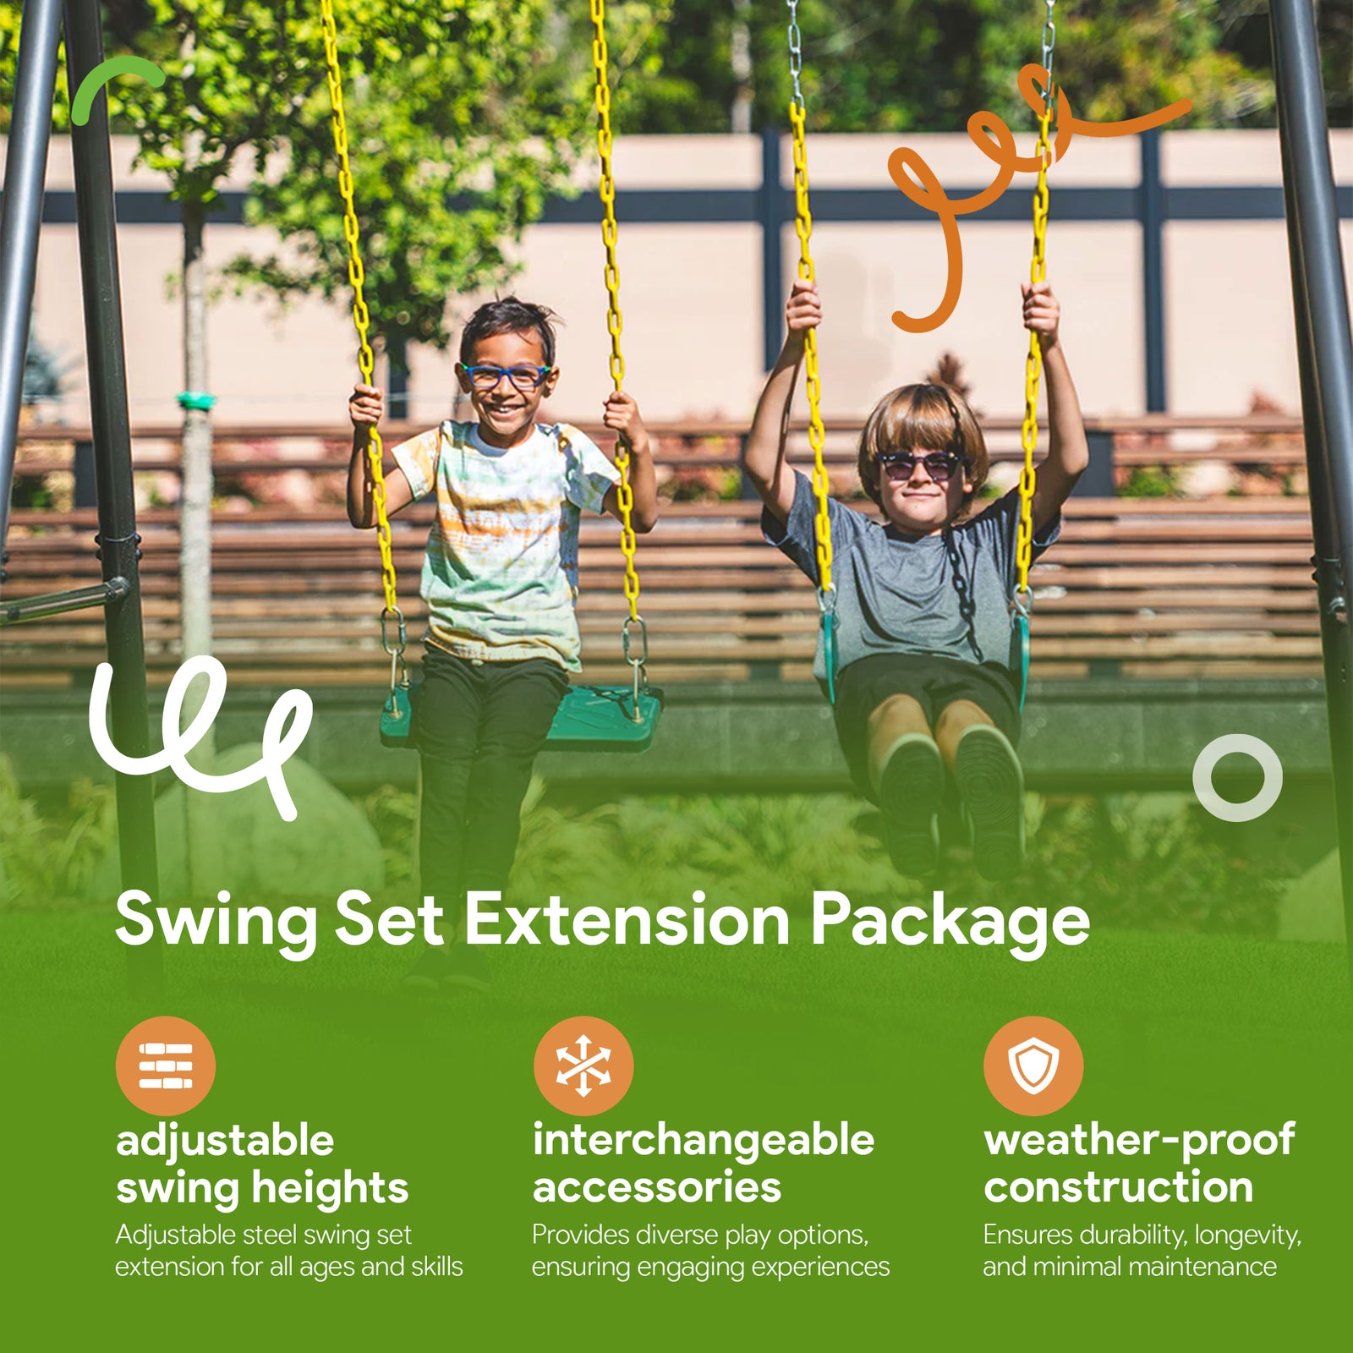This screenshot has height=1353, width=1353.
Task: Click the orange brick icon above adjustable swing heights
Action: (x=166, y=1065)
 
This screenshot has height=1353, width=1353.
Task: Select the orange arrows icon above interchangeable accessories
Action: (x=583, y=1065)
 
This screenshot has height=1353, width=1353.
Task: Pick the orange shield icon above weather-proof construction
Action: (x=1033, y=1065)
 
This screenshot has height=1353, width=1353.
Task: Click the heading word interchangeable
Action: (x=704, y=1140)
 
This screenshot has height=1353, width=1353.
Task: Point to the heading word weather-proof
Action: (x=1139, y=1140)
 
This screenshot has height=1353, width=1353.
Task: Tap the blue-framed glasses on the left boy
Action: (x=505, y=375)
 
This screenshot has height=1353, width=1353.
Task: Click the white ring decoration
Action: (x=1237, y=777)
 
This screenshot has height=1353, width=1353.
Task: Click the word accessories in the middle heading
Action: (x=657, y=1187)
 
